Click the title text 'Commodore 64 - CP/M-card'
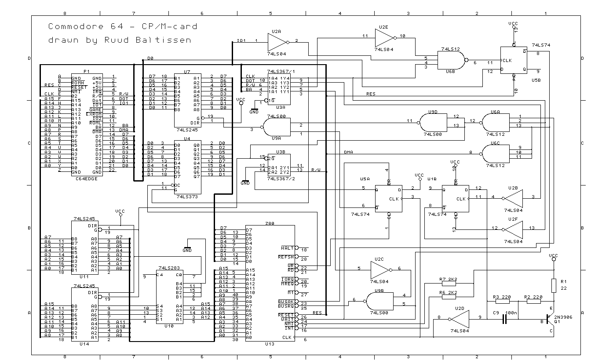pyautogui.click(x=123, y=26)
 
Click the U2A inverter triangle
pyautogui.click(x=277, y=42)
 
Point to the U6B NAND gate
pyautogui.click(x=451, y=63)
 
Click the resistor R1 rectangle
pyautogui.click(x=554, y=285)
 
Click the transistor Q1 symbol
pyautogui.click(x=550, y=320)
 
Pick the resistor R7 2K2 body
pyautogui.click(x=448, y=284)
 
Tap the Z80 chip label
pyautogui.click(x=270, y=223)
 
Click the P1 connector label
pyautogui.click(x=86, y=71)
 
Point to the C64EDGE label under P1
pyautogui.click(x=86, y=178)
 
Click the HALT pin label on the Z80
pyautogui.click(x=286, y=248)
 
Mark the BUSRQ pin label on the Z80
pyautogui.click(x=286, y=305)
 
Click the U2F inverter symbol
pyautogui.click(x=514, y=229)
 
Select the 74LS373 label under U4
pyautogui.click(x=187, y=197)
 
